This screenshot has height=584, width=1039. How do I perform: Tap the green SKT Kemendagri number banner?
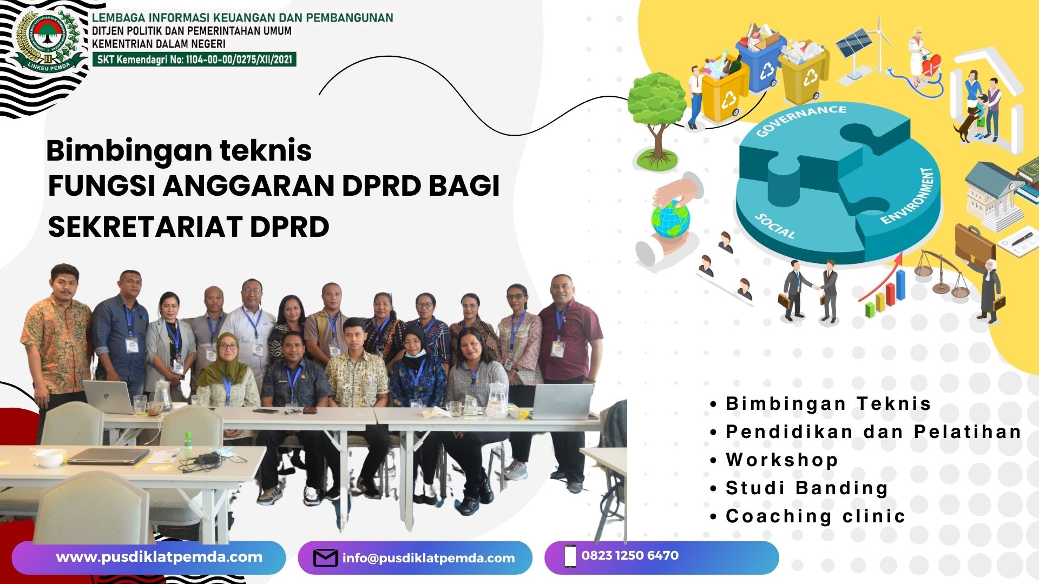pyautogui.click(x=194, y=59)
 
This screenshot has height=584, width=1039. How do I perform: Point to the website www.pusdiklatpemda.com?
pyautogui.click(x=159, y=558)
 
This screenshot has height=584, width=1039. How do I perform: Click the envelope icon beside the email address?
pyautogui.click(x=325, y=558)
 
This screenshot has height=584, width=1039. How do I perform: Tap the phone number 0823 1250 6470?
pyautogui.click(x=630, y=555)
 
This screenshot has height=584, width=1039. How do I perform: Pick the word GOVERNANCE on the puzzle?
pyautogui.click(x=800, y=120)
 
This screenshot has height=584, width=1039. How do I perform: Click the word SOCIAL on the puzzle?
pyautogui.click(x=775, y=227)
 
